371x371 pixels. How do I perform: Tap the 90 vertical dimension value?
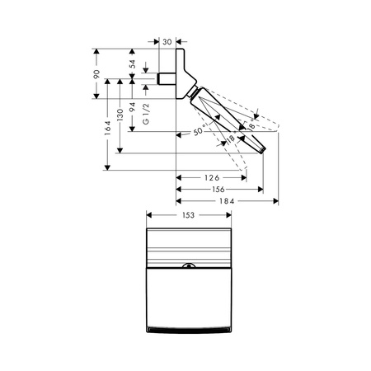(97, 75)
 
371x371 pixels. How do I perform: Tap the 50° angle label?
(198, 131)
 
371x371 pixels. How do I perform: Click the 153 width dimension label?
(188, 216)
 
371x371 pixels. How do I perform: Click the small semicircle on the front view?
(187, 266)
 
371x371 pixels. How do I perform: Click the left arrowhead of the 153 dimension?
(148, 216)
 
